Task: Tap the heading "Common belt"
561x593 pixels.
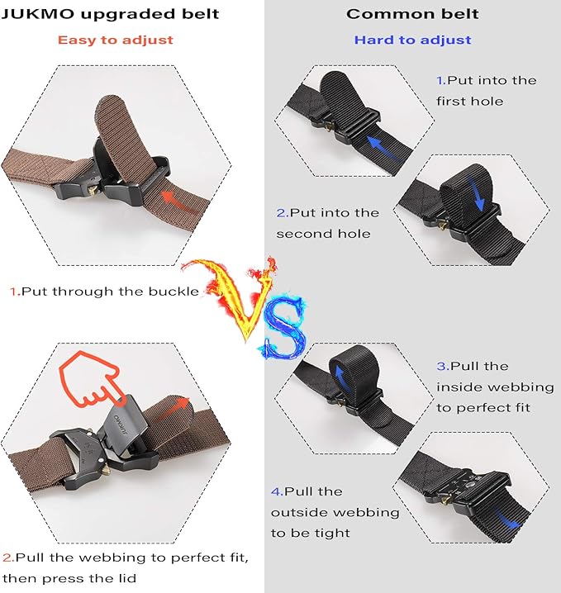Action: coord(412,14)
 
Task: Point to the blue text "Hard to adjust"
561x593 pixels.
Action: coord(412,40)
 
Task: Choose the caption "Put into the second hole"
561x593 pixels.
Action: coord(327,223)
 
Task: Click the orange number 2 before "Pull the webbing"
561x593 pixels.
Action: coord(7,557)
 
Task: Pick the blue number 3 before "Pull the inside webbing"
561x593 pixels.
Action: coord(441,366)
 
